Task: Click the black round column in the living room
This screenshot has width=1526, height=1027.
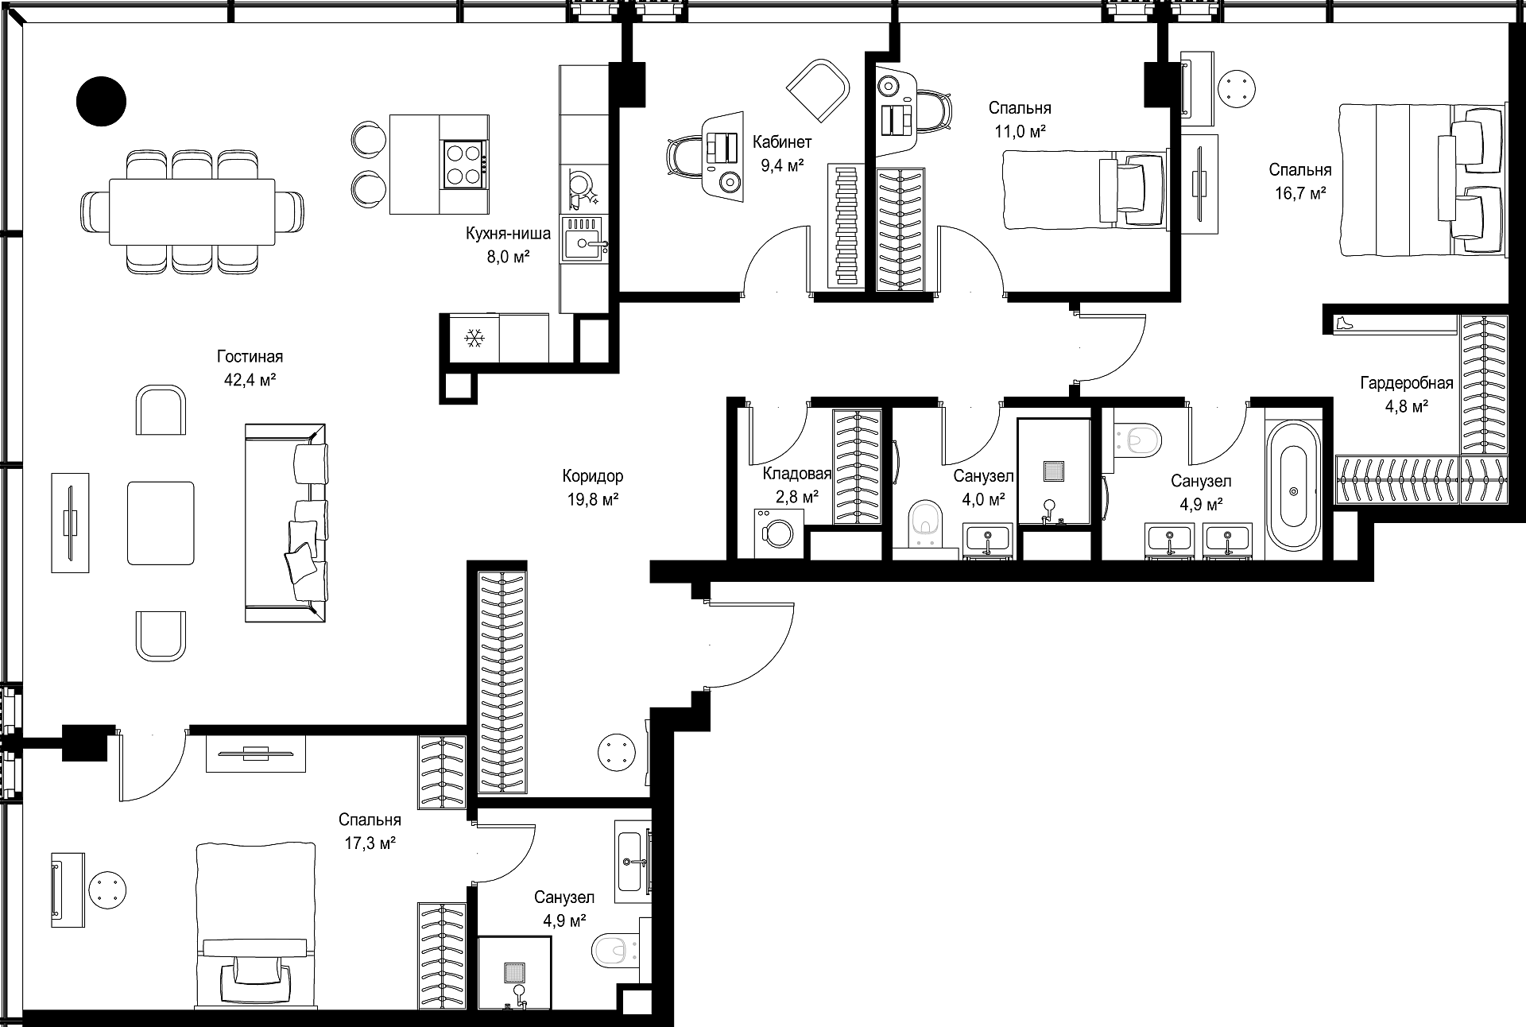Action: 101,100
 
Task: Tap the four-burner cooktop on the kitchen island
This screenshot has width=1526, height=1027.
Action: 464,165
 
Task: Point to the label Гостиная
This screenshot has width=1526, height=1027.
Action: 250,357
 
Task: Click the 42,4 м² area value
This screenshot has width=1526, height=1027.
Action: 250,380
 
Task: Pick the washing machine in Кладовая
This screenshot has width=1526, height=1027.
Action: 779,533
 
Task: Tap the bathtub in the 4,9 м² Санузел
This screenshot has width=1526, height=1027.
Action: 1294,485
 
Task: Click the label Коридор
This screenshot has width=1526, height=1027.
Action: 592,476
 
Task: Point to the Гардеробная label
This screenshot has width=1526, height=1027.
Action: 1407,383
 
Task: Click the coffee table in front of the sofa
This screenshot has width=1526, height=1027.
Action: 161,522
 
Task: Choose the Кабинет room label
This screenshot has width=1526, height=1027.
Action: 783,142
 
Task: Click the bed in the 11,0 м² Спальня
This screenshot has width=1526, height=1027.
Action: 1085,190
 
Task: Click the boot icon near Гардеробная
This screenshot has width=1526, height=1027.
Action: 1343,324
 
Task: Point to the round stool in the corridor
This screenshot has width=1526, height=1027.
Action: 618,751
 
